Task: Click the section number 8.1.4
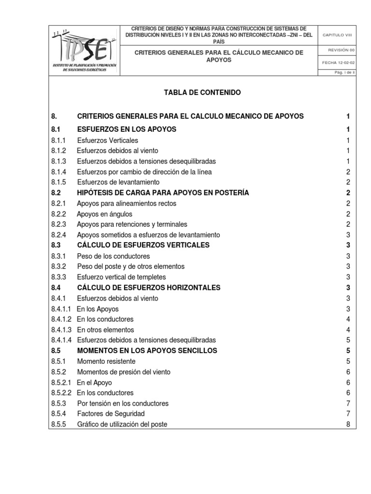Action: pos(58,172)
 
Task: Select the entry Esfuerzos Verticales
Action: pos(107,140)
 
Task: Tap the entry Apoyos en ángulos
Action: pos(104,214)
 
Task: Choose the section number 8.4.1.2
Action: pos(61,319)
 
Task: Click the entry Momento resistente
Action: pos(106,361)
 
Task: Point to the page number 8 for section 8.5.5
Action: pos(348,425)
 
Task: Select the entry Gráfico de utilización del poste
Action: pos(122,425)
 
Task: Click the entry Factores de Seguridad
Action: pos(111,414)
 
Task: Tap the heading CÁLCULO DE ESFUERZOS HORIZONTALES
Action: pos(148,288)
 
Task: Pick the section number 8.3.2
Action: pos(58,266)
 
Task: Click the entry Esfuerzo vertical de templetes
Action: pos(122,277)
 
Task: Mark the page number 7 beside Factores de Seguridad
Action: pos(348,414)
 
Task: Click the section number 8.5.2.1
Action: pos(61,383)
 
